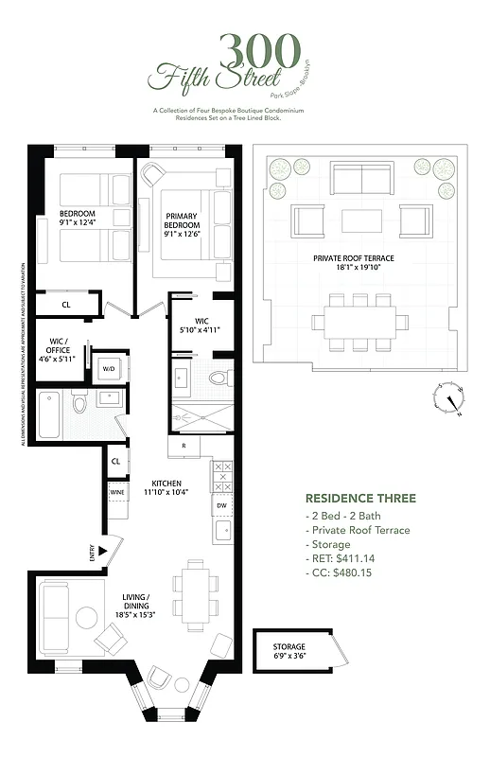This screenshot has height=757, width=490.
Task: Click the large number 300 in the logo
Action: pyautogui.click(x=259, y=49)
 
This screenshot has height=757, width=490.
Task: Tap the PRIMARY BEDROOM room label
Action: pyautogui.click(x=180, y=220)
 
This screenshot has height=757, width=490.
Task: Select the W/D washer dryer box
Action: pyautogui.click(x=109, y=369)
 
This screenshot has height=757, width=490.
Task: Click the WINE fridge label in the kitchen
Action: pyautogui.click(x=116, y=492)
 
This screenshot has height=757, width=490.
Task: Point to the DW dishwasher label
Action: pyautogui.click(x=220, y=506)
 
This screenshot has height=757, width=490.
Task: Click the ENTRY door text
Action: pyautogui.click(x=92, y=551)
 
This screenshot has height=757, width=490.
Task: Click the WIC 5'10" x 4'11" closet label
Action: pyautogui.click(x=201, y=326)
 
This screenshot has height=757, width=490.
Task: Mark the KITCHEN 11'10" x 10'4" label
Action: pyautogui.click(x=166, y=488)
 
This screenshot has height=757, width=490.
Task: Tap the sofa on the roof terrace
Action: pyautogui.click(x=360, y=177)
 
